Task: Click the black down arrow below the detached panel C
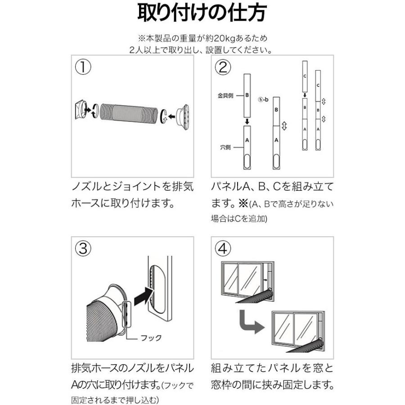[305, 95]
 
